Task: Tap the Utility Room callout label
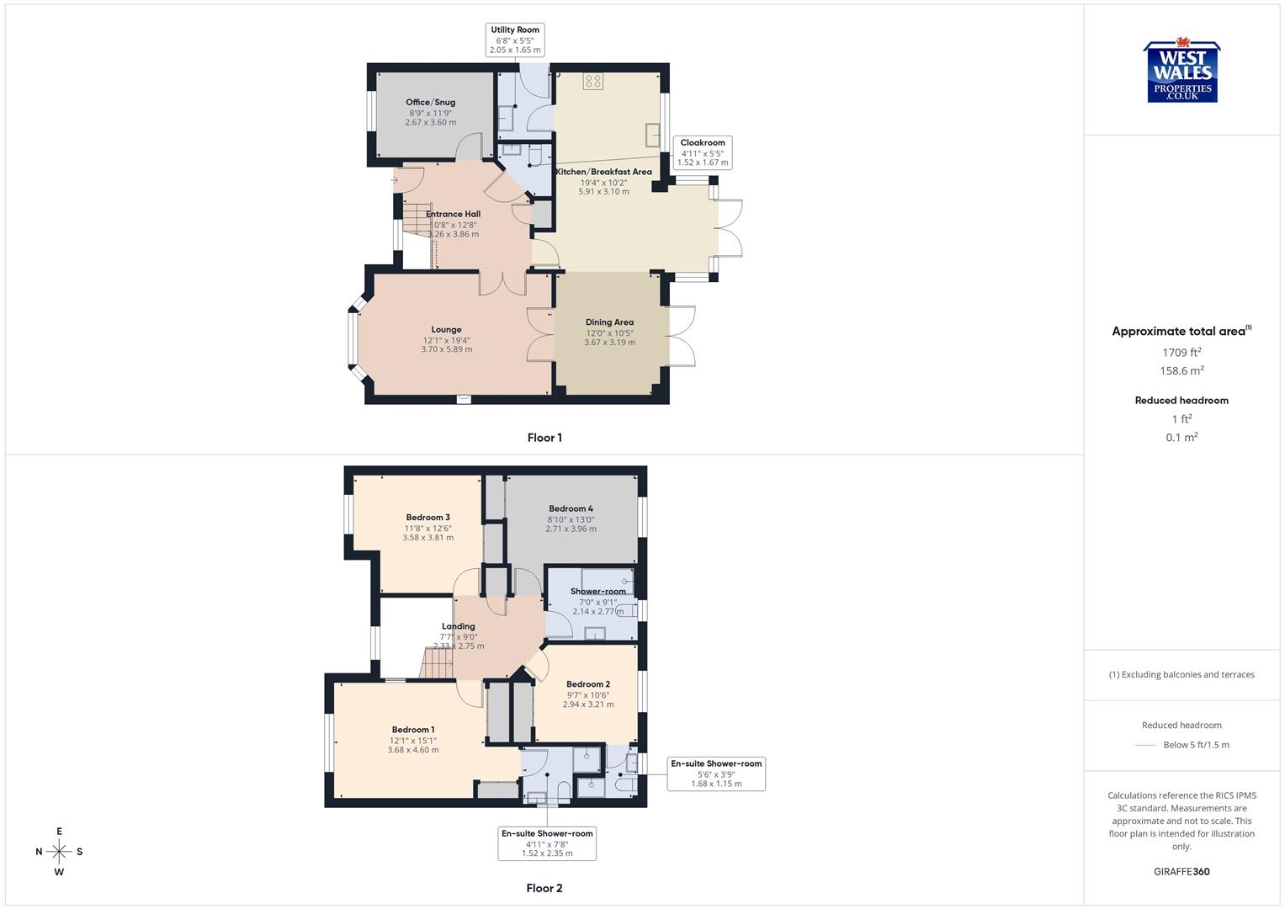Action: point(515,40)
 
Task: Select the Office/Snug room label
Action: point(430,103)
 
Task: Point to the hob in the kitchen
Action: point(593,82)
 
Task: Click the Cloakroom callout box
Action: point(703,152)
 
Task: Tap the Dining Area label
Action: point(609,322)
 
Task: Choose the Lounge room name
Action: point(446,330)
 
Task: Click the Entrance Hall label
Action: point(453,214)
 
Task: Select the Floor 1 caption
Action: point(544,438)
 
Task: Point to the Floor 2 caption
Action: point(544,888)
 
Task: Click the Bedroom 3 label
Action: point(427,518)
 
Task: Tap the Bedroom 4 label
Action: point(571,508)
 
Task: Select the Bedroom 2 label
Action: point(588,684)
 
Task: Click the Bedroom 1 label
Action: point(412,730)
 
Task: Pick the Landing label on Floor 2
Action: point(459,626)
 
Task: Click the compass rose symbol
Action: point(59,852)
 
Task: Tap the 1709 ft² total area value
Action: point(1181,353)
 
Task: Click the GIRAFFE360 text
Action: point(1181,872)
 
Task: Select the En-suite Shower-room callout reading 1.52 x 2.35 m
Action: point(547,843)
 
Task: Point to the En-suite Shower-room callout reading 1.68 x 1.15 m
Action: point(716,773)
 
